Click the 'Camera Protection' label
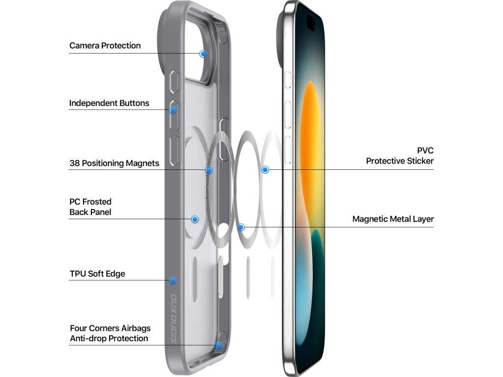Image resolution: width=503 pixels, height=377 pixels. (105, 46)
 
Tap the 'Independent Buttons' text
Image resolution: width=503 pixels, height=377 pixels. (109, 103)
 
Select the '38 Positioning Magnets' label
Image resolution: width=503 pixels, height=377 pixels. (114, 163)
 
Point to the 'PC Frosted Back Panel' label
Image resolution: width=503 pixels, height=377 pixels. (90, 207)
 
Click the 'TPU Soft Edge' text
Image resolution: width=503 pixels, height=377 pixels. (97, 273)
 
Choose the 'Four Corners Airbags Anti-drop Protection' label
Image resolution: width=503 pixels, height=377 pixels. (110, 333)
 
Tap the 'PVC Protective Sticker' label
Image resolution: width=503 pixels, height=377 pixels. (400, 156)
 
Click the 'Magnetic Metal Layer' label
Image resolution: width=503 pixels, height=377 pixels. (393, 219)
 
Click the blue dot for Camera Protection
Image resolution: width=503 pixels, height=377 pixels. (203, 54)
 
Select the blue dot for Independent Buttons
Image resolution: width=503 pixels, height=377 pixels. (173, 110)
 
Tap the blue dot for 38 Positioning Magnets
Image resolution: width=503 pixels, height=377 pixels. (209, 170)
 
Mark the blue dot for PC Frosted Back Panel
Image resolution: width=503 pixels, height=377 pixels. (195, 219)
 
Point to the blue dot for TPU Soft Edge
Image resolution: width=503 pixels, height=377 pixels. (172, 280)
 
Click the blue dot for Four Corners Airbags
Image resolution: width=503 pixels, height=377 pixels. (219, 345)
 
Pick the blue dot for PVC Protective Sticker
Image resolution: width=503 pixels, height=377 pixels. (265, 169)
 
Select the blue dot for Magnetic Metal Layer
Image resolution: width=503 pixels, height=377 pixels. (241, 227)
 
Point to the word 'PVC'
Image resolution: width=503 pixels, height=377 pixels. (425, 150)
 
